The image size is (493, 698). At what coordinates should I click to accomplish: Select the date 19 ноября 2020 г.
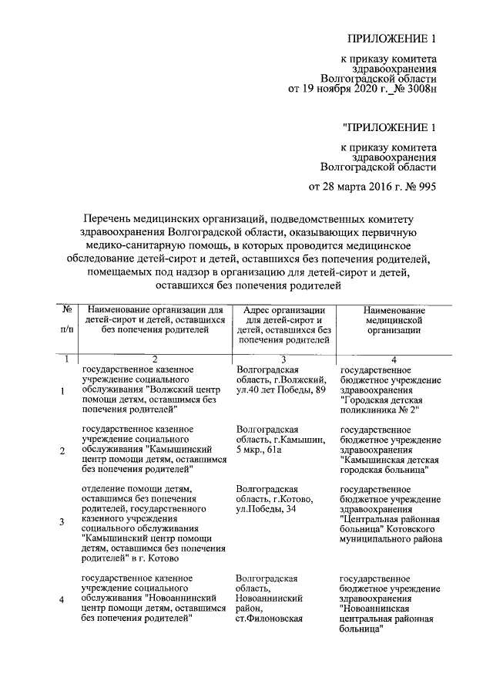tap(344, 89)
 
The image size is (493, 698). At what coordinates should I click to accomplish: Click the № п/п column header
tap(67, 319)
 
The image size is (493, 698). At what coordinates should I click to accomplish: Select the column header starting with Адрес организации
tap(284, 324)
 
